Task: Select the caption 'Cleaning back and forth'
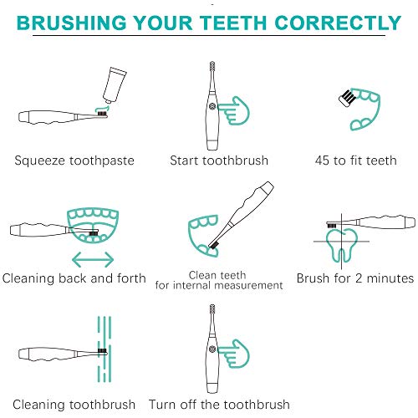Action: (74, 278)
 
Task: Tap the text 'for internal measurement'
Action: (219, 286)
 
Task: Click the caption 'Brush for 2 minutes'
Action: (355, 278)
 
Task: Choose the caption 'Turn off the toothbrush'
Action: (219, 404)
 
